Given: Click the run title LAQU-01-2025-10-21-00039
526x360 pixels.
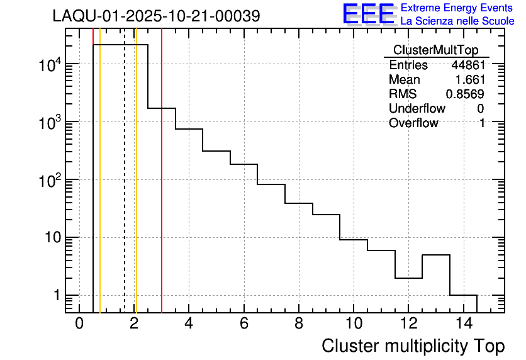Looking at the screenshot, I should pyautogui.click(x=156, y=16).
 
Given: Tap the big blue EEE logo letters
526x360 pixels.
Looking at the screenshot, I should pyautogui.click(x=368, y=14).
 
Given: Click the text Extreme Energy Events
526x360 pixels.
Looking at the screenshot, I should pyautogui.click(x=457, y=8).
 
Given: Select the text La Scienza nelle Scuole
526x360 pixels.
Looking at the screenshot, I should pyautogui.click(x=457, y=21).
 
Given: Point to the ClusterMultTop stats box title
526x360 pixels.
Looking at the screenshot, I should pyautogui.click(x=435, y=50).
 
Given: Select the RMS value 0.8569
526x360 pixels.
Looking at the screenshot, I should pyautogui.click(x=465, y=94).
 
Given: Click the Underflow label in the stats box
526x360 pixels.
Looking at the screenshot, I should pyautogui.click(x=417, y=109).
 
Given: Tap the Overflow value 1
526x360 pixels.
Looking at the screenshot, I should pyautogui.click(x=481, y=123).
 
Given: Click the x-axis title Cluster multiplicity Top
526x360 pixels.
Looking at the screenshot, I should pyautogui.click(x=413, y=346).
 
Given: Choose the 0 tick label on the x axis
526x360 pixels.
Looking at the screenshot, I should pyautogui.click(x=79, y=324).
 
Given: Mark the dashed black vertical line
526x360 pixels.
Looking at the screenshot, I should pyautogui.click(x=125, y=189).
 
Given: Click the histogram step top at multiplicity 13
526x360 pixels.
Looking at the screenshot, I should pyautogui.click(x=435, y=255).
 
